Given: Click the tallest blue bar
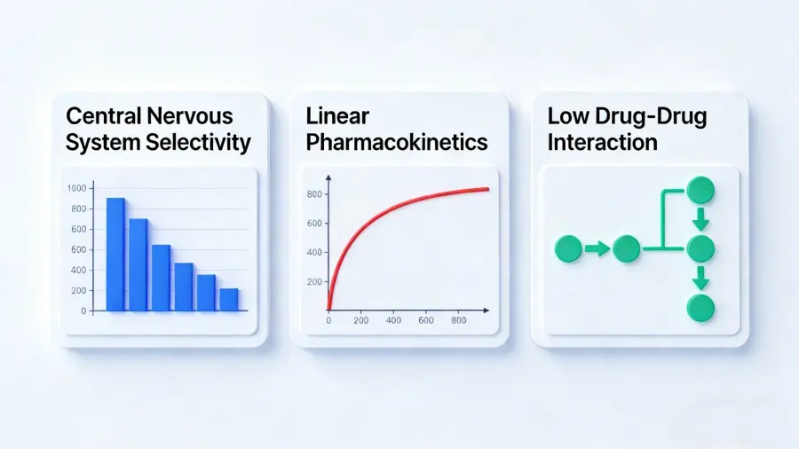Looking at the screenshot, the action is [x=115, y=254].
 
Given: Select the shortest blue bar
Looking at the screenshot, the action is [x=229, y=299].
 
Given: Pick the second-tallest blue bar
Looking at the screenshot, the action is [x=138, y=264].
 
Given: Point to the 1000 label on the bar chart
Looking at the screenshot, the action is [x=77, y=188].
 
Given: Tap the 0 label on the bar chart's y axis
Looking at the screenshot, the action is [x=83, y=311].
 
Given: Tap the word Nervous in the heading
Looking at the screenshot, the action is [x=186, y=116].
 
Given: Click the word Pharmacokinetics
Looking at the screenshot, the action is [x=397, y=142].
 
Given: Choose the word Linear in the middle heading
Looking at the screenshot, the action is [x=337, y=116].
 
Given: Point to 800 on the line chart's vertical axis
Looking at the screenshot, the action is [x=314, y=194].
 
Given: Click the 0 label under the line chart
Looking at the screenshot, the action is [x=328, y=320].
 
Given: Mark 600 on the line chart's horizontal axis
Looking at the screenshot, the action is [x=426, y=320].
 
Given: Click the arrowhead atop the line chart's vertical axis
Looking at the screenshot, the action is [x=328, y=178].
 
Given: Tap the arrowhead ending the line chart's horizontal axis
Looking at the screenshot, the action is [x=487, y=310].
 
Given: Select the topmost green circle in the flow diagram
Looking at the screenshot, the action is [x=700, y=191].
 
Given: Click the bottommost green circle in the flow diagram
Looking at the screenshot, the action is [x=700, y=309].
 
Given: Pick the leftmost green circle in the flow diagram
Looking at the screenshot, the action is [x=568, y=249].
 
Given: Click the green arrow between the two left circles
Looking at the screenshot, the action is [x=597, y=249].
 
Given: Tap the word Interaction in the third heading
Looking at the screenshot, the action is [x=602, y=142].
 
